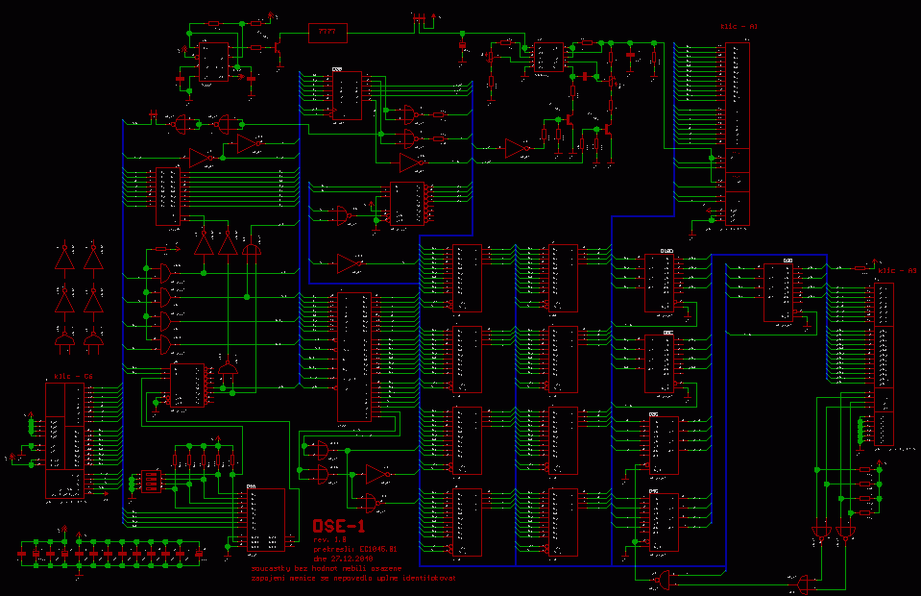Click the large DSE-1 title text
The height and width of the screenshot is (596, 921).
pyautogui.click(x=339, y=526)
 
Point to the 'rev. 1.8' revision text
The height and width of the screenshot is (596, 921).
pyautogui.click(x=327, y=540)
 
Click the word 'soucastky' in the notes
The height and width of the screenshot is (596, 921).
pyautogui.click(x=268, y=568)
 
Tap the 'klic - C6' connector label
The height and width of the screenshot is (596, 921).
pyautogui.click(x=73, y=375)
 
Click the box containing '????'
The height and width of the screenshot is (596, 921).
pyautogui.click(x=327, y=33)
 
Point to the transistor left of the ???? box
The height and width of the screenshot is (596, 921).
pyautogui.click(x=277, y=45)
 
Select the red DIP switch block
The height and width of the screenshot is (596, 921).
pyautogui.click(x=150, y=480)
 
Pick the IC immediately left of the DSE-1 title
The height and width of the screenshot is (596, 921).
pyautogui.click(x=261, y=518)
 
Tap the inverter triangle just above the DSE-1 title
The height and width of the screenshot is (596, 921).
pyautogui.click(x=378, y=474)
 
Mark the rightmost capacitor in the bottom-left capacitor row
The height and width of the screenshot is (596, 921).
pyautogui.click(x=200, y=554)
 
